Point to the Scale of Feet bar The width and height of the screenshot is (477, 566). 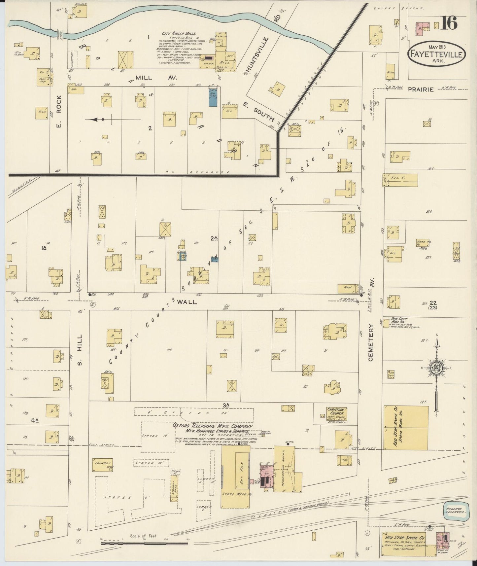pos(144,541)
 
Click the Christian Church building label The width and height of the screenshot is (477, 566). pos(335,411)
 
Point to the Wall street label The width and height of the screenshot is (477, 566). pos(187,302)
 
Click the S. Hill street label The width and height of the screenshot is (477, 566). pos(79,349)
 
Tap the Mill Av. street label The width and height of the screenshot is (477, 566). pos(152,78)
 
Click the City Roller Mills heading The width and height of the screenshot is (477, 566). pos(179,34)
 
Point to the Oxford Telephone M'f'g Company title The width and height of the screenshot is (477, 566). pos(212,426)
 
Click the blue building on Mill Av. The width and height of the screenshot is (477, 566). pos(212,97)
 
